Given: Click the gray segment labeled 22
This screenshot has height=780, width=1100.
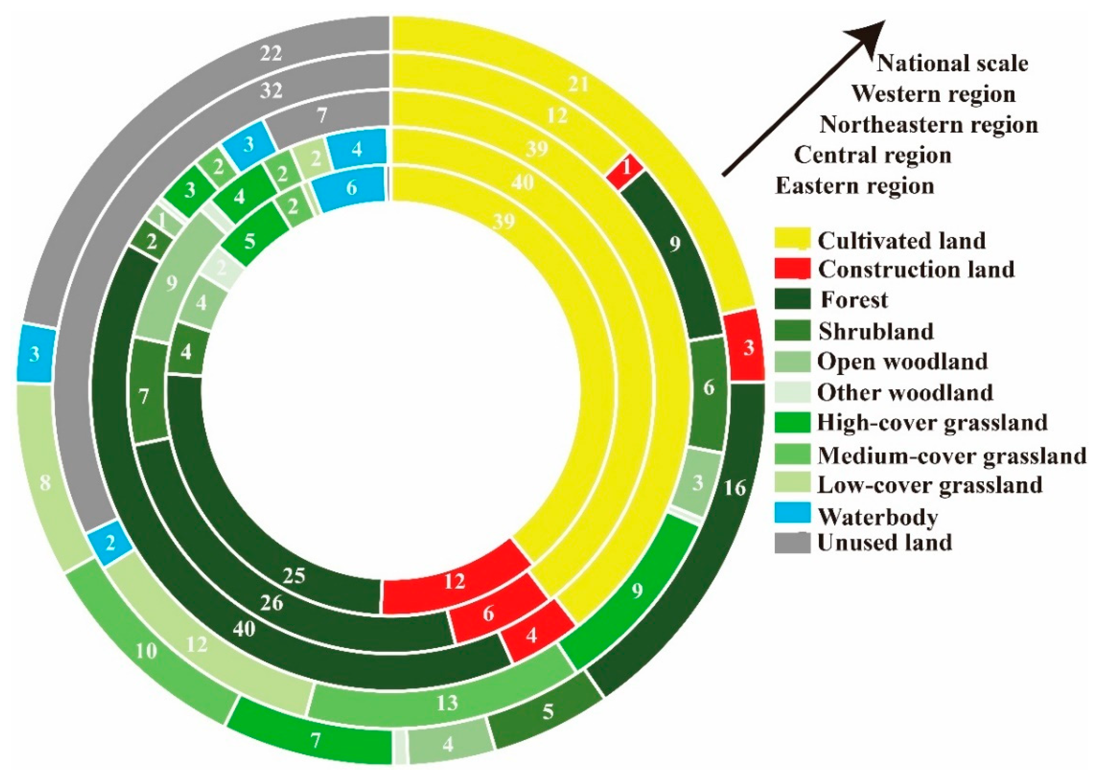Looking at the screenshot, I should [x=270, y=54].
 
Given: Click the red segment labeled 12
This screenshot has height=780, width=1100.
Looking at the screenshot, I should [x=454, y=582].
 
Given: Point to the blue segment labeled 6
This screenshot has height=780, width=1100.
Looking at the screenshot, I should [x=352, y=187].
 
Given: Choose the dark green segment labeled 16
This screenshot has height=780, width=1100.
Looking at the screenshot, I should [x=735, y=488].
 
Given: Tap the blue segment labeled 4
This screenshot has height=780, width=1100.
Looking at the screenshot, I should [x=356, y=150].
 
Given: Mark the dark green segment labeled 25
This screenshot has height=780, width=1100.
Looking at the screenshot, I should [x=294, y=575].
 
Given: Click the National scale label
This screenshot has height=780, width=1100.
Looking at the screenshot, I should [x=953, y=64].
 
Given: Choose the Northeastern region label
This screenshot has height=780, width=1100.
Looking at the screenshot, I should [x=928, y=125].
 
